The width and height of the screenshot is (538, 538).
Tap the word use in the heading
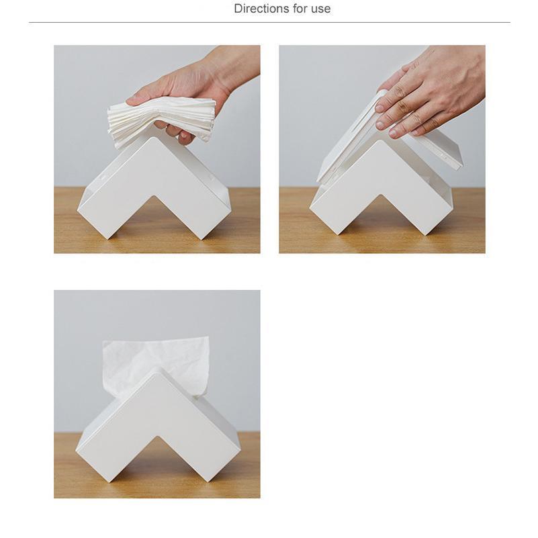(321, 9)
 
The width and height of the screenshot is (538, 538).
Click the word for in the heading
(300, 9)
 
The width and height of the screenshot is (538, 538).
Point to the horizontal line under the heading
(269, 23)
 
